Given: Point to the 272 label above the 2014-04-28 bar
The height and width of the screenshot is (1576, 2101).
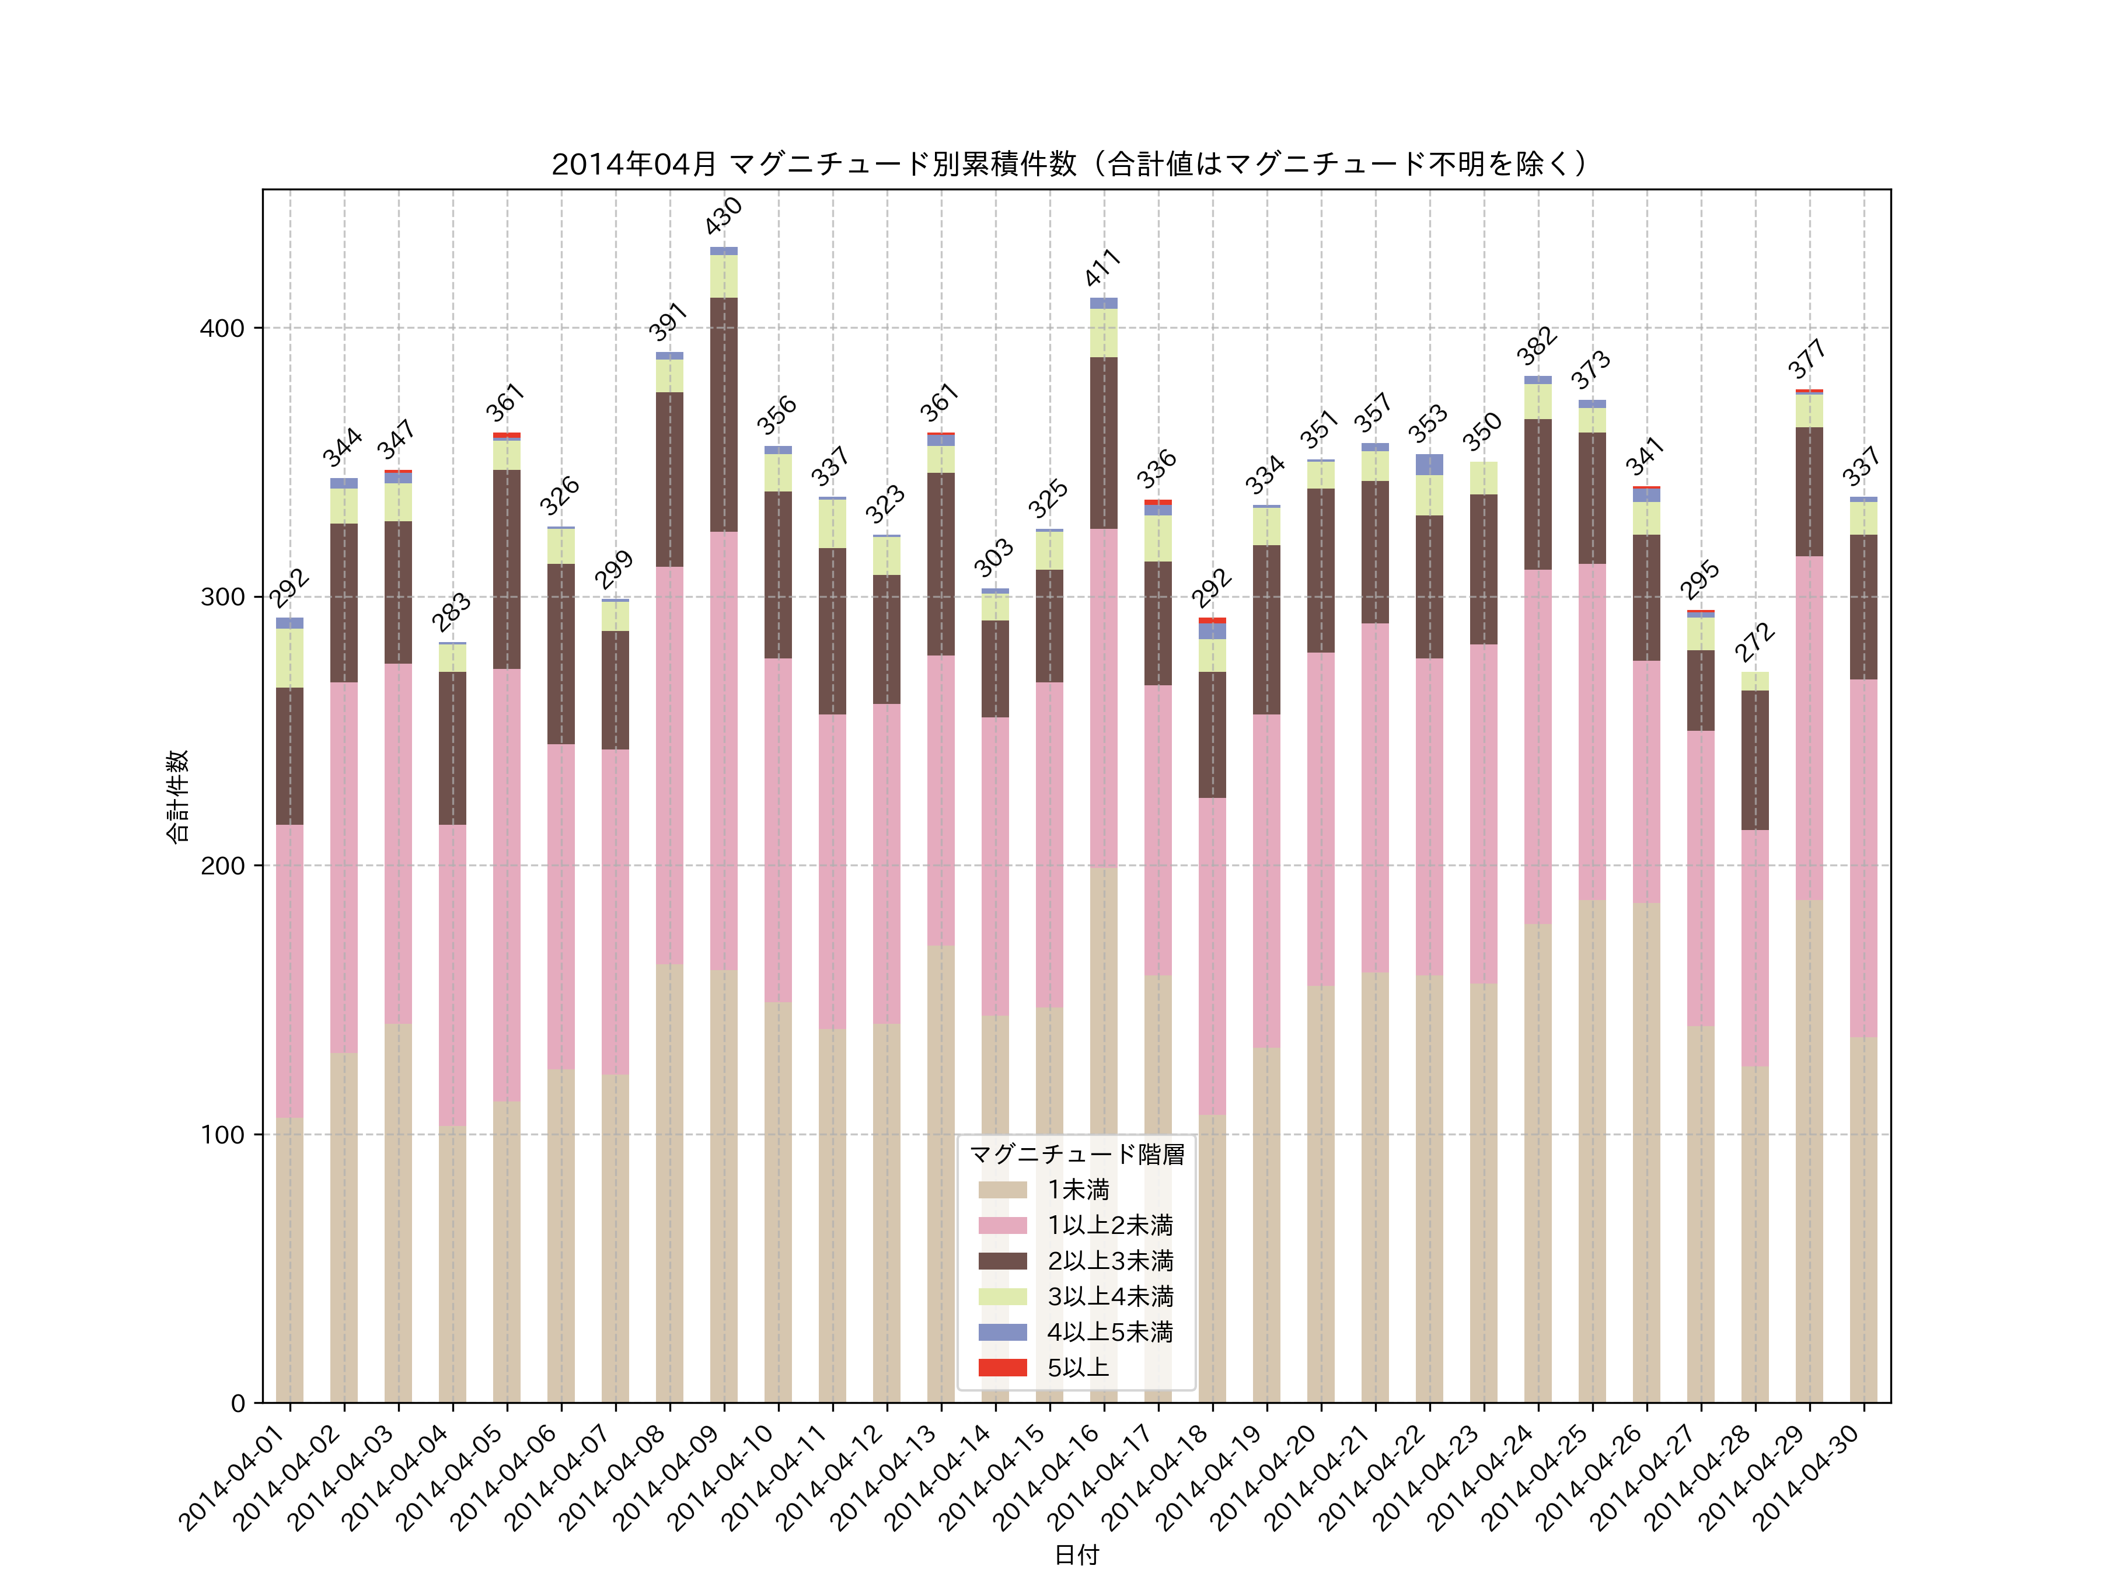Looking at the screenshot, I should [x=1754, y=642].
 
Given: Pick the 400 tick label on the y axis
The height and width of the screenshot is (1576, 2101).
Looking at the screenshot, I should [x=222, y=329].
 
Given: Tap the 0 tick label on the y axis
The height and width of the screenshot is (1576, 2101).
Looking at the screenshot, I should [x=238, y=1403].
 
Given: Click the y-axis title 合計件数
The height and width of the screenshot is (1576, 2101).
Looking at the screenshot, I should [x=177, y=796].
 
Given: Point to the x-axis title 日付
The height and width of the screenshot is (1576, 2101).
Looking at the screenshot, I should [x=1076, y=1554].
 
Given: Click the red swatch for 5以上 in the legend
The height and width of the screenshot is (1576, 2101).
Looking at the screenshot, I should [x=1002, y=1368].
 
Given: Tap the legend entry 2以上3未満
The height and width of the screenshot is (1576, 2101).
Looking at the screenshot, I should [x=1109, y=1261].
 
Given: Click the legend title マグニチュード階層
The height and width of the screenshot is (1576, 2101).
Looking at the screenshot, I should [x=1076, y=1154].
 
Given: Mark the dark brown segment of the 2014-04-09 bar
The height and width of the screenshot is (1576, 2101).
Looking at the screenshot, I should [x=724, y=414].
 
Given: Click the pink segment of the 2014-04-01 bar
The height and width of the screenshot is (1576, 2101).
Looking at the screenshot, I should [x=289, y=971].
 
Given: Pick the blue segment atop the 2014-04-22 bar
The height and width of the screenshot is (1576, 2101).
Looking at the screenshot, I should [x=1429, y=465].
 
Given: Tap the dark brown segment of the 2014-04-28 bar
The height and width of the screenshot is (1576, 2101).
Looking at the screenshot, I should [x=1754, y=760].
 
